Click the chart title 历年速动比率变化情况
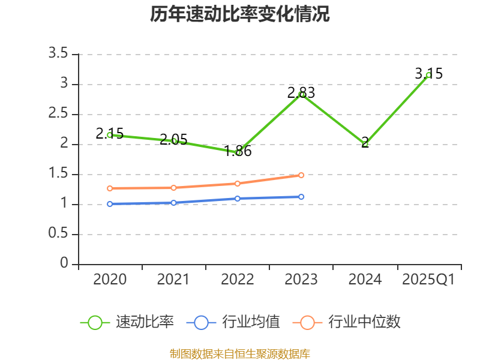(240, 14)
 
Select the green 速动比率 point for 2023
(301, 94)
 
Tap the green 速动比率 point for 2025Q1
(428, 75)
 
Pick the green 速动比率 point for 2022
(238, 152)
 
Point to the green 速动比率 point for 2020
(110, 135)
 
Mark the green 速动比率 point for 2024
(365, 144)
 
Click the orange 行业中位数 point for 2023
(301, 175)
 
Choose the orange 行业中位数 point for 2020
(110, 188)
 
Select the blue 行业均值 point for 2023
(301, 197)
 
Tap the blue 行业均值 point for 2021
(173, 203)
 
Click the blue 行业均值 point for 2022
(238, 199)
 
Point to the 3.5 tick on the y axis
(59, 54)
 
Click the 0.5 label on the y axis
(59, 234)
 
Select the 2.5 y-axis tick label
(59, 114)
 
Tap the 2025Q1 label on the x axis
(428, 280)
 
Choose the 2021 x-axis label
(173, 280)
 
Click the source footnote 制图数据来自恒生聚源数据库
(240, 353)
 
